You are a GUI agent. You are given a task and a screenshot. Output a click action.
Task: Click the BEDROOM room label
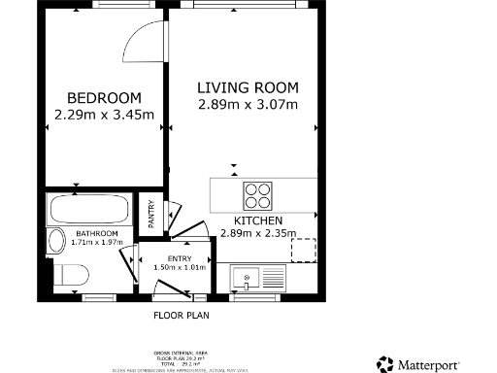(x=104, y=98)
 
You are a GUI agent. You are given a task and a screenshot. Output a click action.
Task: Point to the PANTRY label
(x=151, y=214)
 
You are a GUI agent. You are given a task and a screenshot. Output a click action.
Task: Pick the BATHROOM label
(x=98, y=234)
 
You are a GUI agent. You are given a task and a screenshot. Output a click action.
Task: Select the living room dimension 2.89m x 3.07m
(x=248, y=104)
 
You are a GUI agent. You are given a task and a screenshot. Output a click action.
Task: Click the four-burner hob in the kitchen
(x=257, y=195)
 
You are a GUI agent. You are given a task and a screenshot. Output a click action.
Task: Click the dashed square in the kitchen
(x=305, y=250)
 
